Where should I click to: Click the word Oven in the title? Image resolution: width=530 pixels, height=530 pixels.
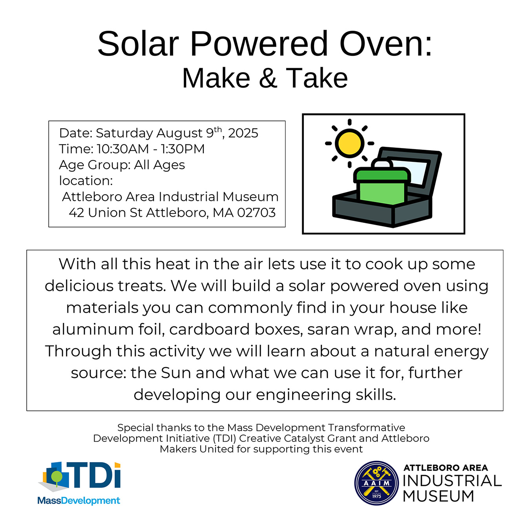(x=386, y=44)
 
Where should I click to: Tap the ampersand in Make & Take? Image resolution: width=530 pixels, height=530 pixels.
(x=268, y=78)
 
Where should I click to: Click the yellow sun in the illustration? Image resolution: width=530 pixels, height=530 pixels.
(x=349, y=143)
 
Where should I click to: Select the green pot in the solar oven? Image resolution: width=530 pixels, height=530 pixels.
(x=382, y=186)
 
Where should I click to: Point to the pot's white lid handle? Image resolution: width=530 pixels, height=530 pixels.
(x=382, y=163)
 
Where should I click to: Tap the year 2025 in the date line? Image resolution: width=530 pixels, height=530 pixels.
(x=243, y=133)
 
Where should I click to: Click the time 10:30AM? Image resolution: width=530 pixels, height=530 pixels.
(x=122, y=149)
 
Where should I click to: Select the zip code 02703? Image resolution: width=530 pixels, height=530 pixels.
(x=256, y=213)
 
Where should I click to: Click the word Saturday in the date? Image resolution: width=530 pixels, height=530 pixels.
(x=124, y=133)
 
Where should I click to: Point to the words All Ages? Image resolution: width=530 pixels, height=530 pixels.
(x=159, y=165)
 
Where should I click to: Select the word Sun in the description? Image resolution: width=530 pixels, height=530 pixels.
(x=176, y=373)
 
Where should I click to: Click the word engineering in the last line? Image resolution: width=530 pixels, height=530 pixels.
(x=303, y=395)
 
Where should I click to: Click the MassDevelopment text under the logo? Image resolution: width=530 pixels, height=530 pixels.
(x=79, y=500)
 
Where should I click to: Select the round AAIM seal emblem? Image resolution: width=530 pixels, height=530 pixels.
(x=376, y=483)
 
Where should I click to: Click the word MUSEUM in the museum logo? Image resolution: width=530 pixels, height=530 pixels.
(x=439, y=496)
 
